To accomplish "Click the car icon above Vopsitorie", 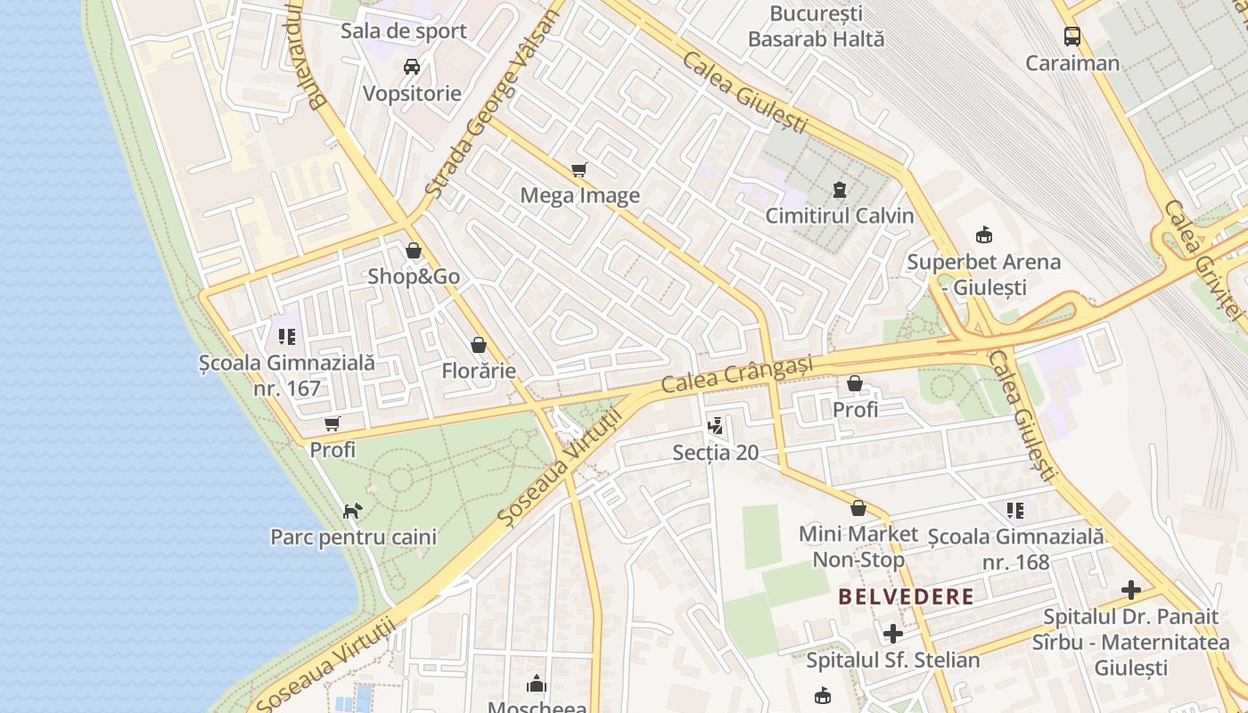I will click(x=412, y=67).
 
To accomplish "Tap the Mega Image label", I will click(x=579, y=196).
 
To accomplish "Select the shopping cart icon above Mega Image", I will click(x=579, y=169).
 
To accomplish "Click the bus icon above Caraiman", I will click(x=1072, y=37).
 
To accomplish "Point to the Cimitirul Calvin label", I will click(x=840, y=216).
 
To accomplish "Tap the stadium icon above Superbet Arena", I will click(x=984, y=235).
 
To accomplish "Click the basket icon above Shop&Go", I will click(x=414, y=250).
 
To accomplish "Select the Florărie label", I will click(x=479, y=371).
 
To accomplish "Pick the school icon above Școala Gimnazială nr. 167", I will click(x=287, y=337).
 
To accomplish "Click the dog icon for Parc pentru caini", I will click(x=353, y=511).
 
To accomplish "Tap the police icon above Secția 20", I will click(x=715, y=426).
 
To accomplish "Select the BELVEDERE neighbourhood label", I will click(x=906, y=597).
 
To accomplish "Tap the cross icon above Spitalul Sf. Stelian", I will click(x=892, y=634).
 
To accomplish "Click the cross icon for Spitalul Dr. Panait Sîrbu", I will click(x=1131, y=590).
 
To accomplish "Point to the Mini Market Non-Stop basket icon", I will click(x=858, y=508).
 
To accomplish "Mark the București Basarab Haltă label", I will click(x=816, y=27).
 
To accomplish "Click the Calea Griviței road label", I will click(x=1203, y=258).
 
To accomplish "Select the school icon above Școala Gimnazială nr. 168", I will click(x=1015, y=511).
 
